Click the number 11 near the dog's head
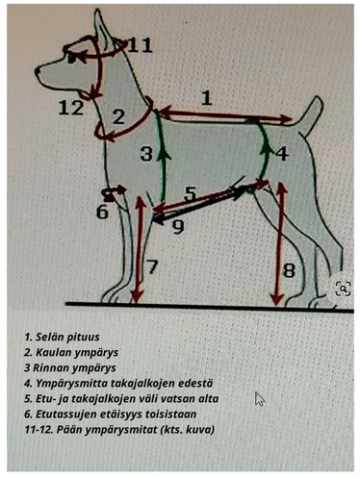(x=140, y=45)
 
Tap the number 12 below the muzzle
(x=70, y=108)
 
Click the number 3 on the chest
(x=145, y=154)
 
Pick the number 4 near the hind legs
(x=281, y=154)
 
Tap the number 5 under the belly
(x=190, y=194)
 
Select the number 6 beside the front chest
(x=102, y=212)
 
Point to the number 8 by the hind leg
(x=289, y=272)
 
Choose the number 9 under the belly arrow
(x=177, y=228)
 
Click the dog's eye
(x=69, y=57)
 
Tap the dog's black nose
(x=38, y=69)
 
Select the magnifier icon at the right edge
(x=342, y=288)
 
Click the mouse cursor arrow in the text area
(x=259, y=398)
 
